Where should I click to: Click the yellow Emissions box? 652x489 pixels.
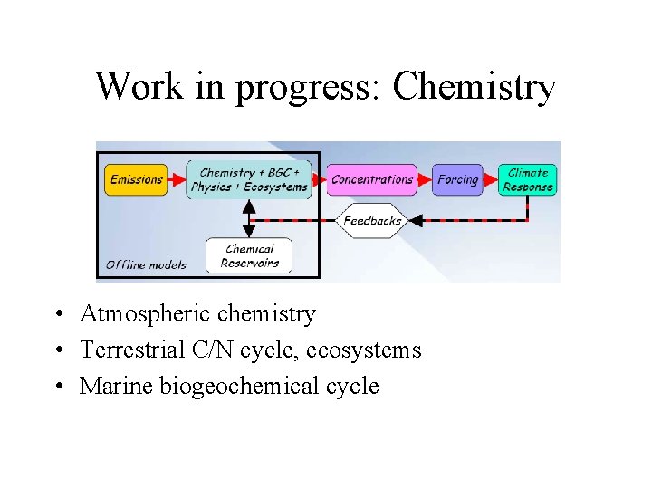137,179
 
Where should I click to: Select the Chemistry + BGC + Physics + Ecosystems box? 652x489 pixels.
249,179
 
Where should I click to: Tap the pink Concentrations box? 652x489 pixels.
371,179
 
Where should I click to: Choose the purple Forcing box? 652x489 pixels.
457,179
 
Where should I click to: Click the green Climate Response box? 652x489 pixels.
528,179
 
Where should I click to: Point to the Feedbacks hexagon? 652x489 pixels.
372,220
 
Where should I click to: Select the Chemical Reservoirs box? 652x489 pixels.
249,255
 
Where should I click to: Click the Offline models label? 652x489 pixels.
146,264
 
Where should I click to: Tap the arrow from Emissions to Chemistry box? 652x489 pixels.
177,179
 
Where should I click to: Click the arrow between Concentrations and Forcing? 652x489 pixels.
425,179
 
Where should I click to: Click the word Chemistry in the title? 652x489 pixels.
475,87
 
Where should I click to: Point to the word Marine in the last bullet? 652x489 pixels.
116,386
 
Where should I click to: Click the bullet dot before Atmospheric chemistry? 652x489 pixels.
57,315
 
